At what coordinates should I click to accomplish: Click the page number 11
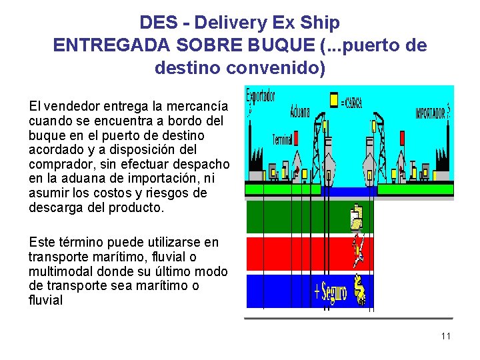(x=445, y=336)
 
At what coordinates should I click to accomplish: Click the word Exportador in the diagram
(x=261, y=97)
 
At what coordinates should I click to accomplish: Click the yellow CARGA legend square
(x=335, y=100)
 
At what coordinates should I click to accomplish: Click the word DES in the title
(x=157, y=23)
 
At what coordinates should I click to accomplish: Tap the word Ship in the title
(x=320, y=23)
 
